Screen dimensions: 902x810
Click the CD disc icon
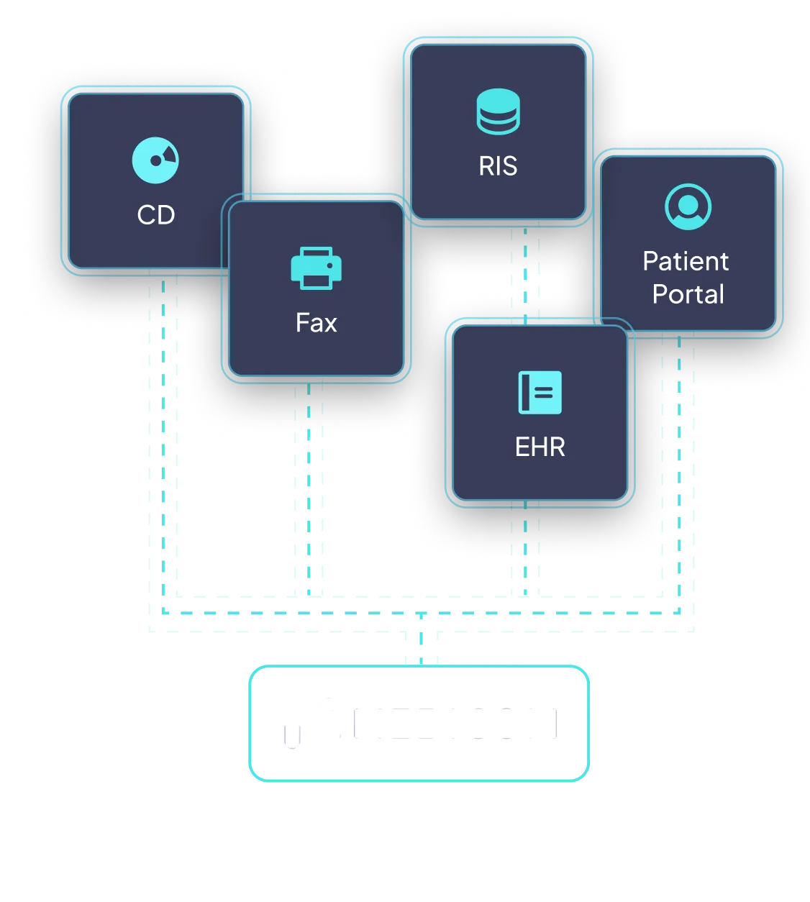coord(155,160)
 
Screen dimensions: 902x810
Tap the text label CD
coord(156,214)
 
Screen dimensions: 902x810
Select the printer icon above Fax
coord(316,268)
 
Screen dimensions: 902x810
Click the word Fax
coord(316,323)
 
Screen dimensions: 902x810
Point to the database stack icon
coord(498,111)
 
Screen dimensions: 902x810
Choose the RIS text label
coord(498,166)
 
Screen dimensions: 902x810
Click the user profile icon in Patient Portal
coord(688,206)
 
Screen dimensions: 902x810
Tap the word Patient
coord(686,261)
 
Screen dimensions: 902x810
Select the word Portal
coord(688,294)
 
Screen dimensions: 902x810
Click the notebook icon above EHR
coord(540,393)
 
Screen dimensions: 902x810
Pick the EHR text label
coord(540,447)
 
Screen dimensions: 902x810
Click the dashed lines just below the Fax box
coord(309,410)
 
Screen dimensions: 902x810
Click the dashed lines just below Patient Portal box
coord(678,367)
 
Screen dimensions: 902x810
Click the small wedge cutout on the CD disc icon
coord(169,153)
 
